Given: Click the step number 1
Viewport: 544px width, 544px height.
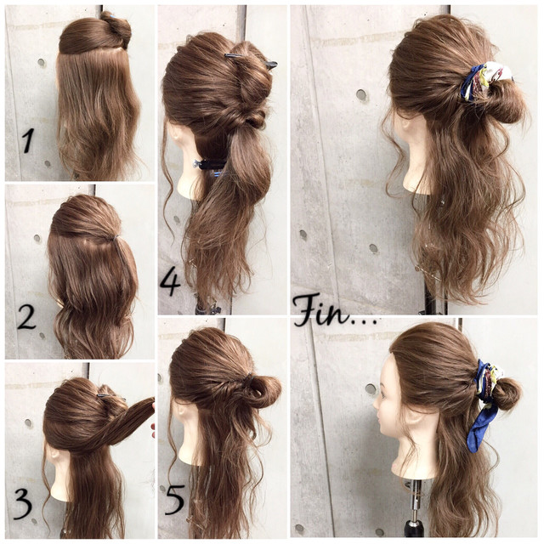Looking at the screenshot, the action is (x=28, y=139).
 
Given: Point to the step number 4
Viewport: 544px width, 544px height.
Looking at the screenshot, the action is (x=170, y=282).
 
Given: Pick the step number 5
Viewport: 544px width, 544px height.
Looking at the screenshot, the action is (x=174, y=500).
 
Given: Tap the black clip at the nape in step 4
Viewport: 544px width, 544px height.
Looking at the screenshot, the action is (x=210, y=164).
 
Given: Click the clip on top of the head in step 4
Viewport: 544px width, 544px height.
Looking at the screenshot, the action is (x=251, y=59).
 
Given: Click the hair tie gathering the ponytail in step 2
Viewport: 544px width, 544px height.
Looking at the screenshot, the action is (x=116, y=238).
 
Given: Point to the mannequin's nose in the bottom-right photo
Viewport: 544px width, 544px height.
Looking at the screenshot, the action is (x=376, y=403).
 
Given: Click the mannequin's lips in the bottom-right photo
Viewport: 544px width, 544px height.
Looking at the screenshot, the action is (x=379, y=416).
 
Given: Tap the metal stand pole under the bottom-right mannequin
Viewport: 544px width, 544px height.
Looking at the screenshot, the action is (x=415, y=500).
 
